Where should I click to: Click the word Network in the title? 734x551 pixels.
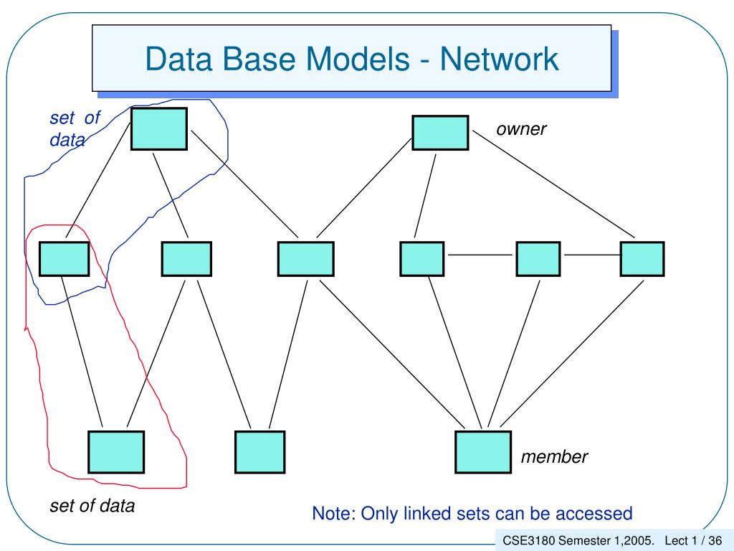click(x=499, y=59)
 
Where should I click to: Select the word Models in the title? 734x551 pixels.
click(x=358, y=59)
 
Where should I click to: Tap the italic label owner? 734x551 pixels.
click(x=521, y=129)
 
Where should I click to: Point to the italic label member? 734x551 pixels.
click(x=554, y=457)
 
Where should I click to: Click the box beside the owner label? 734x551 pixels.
click(x=440, y=133)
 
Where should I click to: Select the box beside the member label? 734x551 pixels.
click(x=483, y=452)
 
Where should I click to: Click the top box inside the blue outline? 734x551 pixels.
click(x=159, y=129)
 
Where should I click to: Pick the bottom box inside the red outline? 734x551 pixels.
click(x=116, y=452)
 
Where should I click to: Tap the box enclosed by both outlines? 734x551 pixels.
click(x=64, y=258)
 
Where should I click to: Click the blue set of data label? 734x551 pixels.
click(x=75, y=128)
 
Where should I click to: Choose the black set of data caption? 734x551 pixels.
click(x=92, y=506)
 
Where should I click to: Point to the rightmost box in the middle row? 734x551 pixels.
click(x=642, y=258)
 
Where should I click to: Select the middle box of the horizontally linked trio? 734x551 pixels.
click(x=538, y=258)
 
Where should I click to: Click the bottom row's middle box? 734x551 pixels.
click(x=259, y=452)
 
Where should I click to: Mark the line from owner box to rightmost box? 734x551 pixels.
click(x=554, y=184)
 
